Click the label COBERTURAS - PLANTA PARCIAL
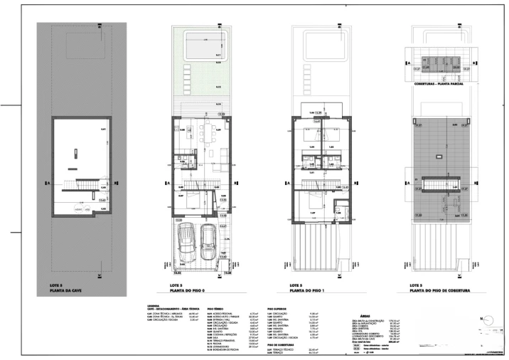click(439, 84)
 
